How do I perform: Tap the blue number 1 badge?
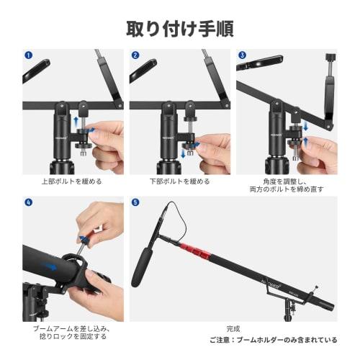pyautogui.click(x=28, y=55)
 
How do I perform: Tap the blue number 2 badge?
pyautogui.click(x=135, y=55)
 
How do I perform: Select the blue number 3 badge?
pyautogui.click(x=242, y=55)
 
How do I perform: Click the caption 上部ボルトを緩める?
pyautogui.click(x=73, y=181)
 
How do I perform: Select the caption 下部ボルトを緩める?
pyautogui.click(x=179, y=181)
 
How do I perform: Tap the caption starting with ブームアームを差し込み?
pyautogui.click(x=71, y=332)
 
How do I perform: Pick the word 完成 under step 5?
pyautogui.click(x=233, y=328)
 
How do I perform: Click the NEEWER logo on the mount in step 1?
pyautogui.click(x=64, y=134)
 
